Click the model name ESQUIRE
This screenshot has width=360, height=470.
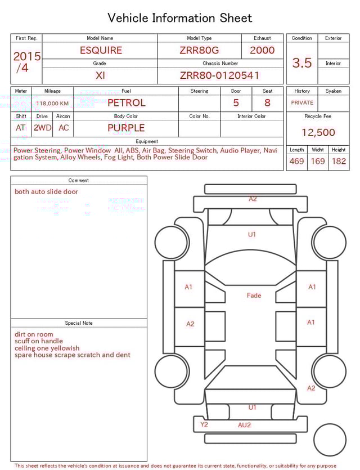(x=101, y=50)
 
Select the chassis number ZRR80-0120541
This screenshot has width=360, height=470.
(x=220, y=75)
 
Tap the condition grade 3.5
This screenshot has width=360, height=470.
(x=302, y=63)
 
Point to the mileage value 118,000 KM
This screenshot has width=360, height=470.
(x=52, y=104)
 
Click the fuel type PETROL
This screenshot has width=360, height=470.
(x=126, y=103)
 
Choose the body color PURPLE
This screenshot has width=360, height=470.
(x=126, y=128)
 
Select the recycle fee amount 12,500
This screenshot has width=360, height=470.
(x=318, y=133)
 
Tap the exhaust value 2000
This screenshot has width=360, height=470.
(x=262, y=50)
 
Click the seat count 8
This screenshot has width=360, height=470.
(x=267, y=103)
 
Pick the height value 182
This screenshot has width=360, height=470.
(x=339, y=162)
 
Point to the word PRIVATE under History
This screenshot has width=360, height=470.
(x=302, y=103)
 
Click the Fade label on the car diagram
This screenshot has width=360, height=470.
(x=254, y=296)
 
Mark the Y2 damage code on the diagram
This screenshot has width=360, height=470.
(x=204, y=424)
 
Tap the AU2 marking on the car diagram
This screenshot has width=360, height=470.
(x=244, y=425)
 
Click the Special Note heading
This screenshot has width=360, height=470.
(x=79, y=323)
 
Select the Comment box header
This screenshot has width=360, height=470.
(x=79, y=181)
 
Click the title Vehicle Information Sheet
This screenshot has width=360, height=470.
(x=180, y=18)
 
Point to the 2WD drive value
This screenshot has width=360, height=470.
(x=42, y=128)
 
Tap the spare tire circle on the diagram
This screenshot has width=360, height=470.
(x=330, y=440)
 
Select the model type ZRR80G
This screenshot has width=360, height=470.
(x=199, y=50)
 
